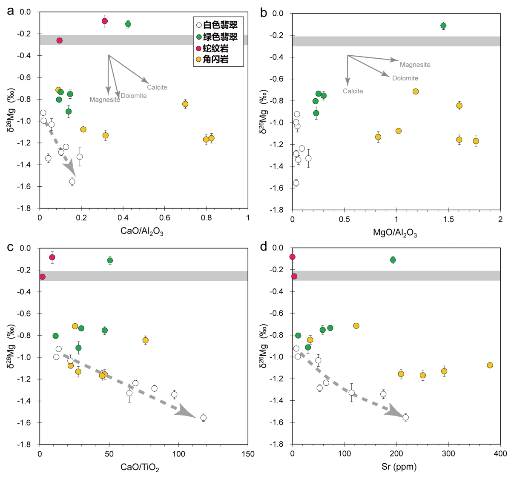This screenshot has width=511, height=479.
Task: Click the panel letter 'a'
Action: (11, 11)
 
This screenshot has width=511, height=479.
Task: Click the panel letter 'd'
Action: (264, 247)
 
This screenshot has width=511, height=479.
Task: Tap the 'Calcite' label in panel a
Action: (157, 87)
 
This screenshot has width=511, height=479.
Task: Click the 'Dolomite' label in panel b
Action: (405, 78)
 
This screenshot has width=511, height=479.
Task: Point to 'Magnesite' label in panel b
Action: (415, 65)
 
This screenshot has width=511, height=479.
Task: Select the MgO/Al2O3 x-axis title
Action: (395, 233)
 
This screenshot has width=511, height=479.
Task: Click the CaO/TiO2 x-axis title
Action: (140, 467)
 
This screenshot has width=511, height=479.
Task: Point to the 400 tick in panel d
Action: (500, 453)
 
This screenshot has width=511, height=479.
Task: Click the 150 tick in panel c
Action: (248, 454)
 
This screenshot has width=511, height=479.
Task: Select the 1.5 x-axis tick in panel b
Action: (448, 219)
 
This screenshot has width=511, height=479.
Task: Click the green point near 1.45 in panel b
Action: (443, 26)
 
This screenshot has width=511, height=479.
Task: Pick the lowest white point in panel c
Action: (204, 418)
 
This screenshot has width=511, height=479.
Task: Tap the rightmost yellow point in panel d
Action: (490, 365)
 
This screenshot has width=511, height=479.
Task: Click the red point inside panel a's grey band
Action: (60, 40)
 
